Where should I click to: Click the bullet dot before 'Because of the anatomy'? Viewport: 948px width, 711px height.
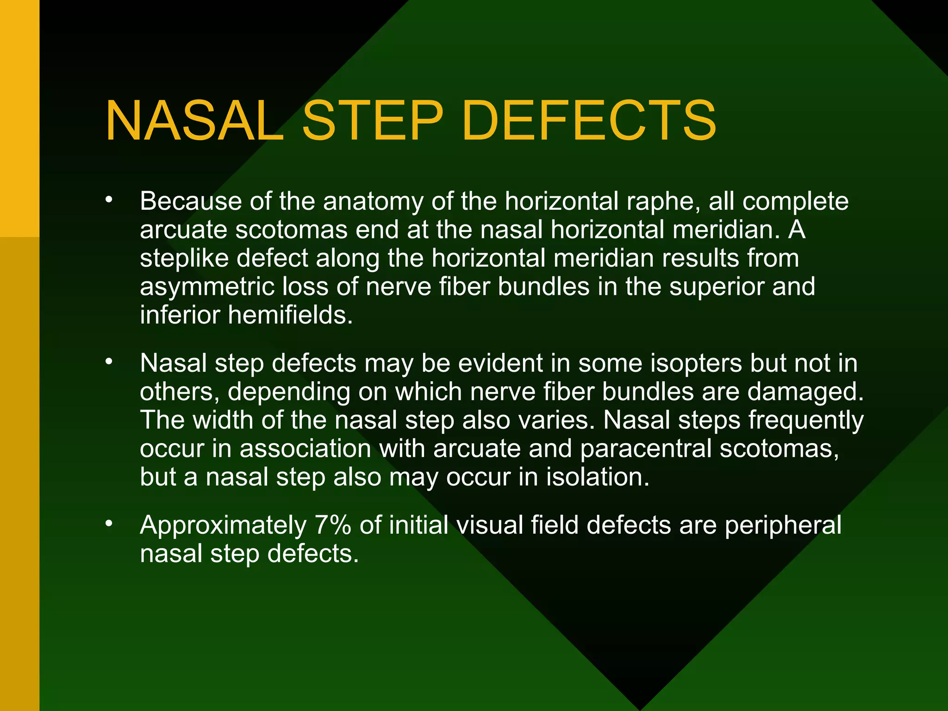109,200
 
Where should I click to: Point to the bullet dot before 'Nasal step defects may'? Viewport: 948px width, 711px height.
109,362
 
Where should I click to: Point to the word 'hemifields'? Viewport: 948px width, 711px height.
290,315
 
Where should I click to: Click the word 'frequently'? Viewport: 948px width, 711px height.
806,421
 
